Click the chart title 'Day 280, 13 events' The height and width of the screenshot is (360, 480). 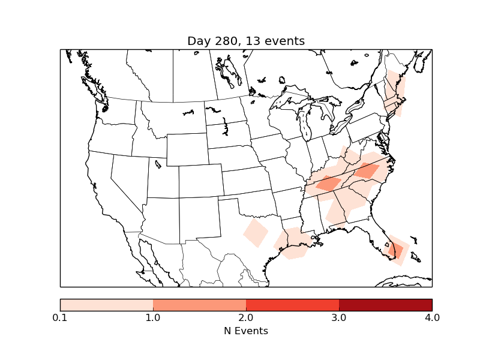coord(246,41)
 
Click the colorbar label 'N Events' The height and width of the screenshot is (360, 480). coord(246,331)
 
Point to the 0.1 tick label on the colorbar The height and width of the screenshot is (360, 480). coord(60,317)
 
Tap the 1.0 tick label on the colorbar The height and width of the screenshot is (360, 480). coord(153,317)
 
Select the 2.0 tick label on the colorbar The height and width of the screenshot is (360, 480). coord(246,317)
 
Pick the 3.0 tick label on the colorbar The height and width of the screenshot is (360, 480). coord(339,317)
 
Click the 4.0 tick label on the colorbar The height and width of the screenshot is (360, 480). coord(432,317)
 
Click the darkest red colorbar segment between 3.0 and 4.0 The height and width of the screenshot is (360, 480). coord(385,304)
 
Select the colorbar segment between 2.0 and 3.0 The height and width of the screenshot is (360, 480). coord(292,304)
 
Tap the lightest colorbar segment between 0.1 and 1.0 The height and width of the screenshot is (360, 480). coord(106,304)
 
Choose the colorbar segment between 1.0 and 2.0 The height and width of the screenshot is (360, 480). coord(199,304)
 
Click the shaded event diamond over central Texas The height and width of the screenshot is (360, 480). coord(256,232)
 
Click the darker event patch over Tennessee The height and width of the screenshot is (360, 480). coord(328,183)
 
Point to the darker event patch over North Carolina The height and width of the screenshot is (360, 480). coord(367,171)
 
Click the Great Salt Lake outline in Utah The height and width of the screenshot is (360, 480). coord(158,163)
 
